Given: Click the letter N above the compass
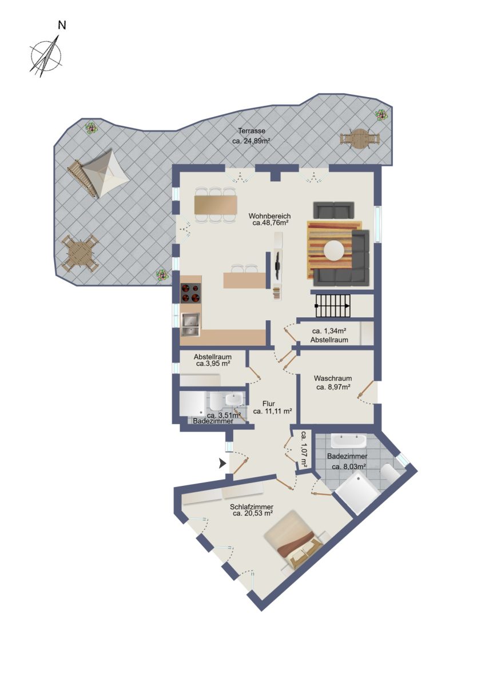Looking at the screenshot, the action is (x=62, y=25).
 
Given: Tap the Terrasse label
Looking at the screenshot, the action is (x=252, y=131).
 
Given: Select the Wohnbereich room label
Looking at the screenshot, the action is (x=269, y=216).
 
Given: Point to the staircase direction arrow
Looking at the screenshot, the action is (x=332, y=306).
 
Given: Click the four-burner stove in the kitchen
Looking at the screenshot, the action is (x=190, y=293).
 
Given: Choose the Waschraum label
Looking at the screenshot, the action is (x=333, y=378).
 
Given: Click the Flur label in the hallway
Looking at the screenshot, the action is (x=269, y=404).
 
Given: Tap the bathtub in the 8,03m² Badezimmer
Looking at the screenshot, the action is (x=348, y=441).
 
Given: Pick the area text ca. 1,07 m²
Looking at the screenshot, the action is (x=304, y=450).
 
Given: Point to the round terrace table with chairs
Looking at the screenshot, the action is (x=359, y=139).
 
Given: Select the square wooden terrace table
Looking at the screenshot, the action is (x=79, y=253).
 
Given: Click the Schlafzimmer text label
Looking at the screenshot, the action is (x=252, y=507).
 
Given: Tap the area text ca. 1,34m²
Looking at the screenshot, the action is (x=329, y=331).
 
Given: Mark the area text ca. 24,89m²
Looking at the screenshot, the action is (x=252, y=141).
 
